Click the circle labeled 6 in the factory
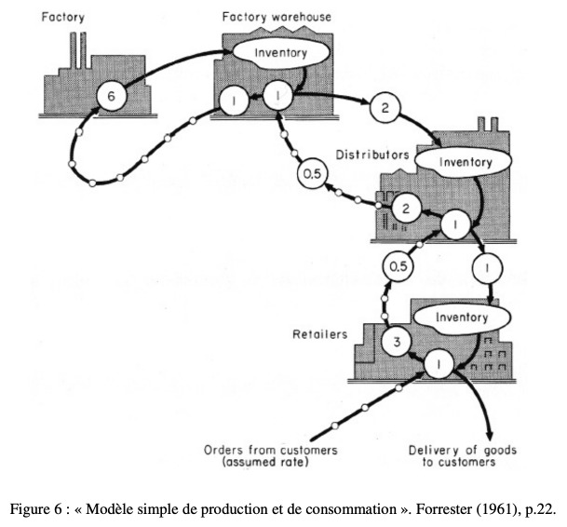(x=112, y=96)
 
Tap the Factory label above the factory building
(x=63, y=18)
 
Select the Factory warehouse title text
(x=277, y=17)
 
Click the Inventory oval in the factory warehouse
(x=280, y=53)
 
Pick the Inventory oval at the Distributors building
(x=464, y=162)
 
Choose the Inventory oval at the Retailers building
(x=462, y=318)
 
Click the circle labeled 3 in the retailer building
(x=397, y=342)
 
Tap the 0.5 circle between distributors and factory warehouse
(x=312, y=174)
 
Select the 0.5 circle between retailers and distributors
(x=398, y=266)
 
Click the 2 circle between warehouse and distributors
(x=385, y=107)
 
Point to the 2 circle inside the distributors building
(x=406, y=209)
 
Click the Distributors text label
(x=372, y=155)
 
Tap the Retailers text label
(x=319, y=334)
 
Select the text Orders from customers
(x=271, y=451)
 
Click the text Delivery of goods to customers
(x=462, y=456)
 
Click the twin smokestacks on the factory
(x=78, y=50)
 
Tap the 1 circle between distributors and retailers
(x=487, y=268)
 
